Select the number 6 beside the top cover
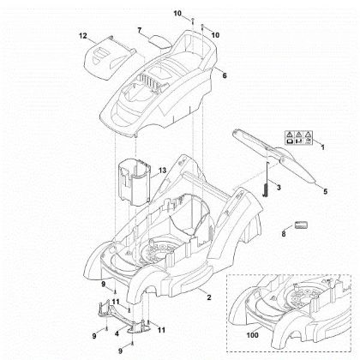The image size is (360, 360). [x=225, y=76]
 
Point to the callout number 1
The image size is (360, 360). [x=321, y=148]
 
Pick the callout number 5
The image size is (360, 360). [x=325, y=193]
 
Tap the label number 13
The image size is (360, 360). [x=162, y=172]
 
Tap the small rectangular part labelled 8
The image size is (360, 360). [x=301, y=225]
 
